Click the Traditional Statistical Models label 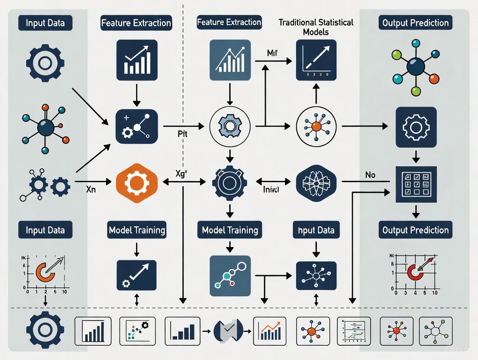tap(316, 27)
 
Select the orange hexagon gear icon tap(137, 182)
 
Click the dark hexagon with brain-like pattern tap(316, 183)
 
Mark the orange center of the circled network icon tap(316, 126)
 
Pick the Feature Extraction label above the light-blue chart tap(229, 22)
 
